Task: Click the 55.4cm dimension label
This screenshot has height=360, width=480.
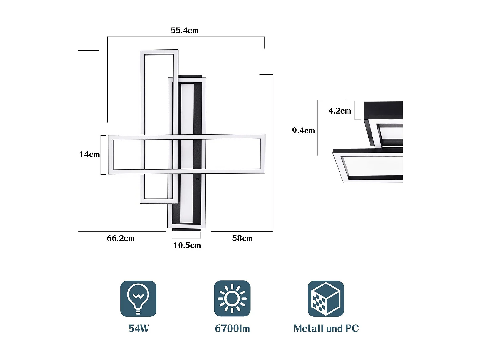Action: (x=185, y=30)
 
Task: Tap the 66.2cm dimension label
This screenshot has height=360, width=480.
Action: (x=121, y=238)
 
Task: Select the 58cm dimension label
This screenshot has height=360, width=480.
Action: (x=242, y=238)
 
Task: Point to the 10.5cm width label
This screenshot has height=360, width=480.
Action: (x=187, y=245)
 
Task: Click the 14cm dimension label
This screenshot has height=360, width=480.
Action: (x=90, y=154)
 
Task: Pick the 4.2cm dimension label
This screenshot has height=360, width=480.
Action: (x=340, y=111)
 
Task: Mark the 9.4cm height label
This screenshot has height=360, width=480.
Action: (x=303, y=131)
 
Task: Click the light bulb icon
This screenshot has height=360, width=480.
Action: (x=138, y=299)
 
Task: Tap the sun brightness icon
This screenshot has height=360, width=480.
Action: (x=232, y=299)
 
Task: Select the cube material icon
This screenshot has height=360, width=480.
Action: (x=326, y=299)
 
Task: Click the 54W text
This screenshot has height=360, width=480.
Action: (x=139, y=328)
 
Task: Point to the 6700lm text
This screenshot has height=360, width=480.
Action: (x=232, y=328)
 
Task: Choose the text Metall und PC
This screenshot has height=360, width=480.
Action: (x=326, y=328)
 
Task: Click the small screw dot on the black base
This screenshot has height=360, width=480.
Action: (x=198, y=179)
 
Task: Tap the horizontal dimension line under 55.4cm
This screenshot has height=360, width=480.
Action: (x=186, y=37)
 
